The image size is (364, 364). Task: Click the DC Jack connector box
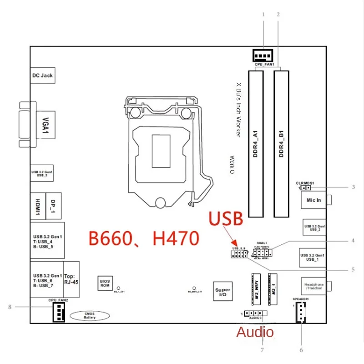click(x=42, y=75)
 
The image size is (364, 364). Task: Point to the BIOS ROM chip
click(x=105, y=283)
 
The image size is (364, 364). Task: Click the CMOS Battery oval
click(x=90, y=315)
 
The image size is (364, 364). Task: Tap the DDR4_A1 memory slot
click(x=255, y=143)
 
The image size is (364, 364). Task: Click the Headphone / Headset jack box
click(x=313, y=285)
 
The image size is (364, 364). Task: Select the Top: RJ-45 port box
click(x=71, y=279)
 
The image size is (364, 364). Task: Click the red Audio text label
click(x=255, y=332)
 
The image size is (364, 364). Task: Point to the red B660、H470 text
click(x=144, y=238)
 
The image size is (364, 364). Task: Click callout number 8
click(x=10, y=307)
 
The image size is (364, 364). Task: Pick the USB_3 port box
click(x=42, y=173)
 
